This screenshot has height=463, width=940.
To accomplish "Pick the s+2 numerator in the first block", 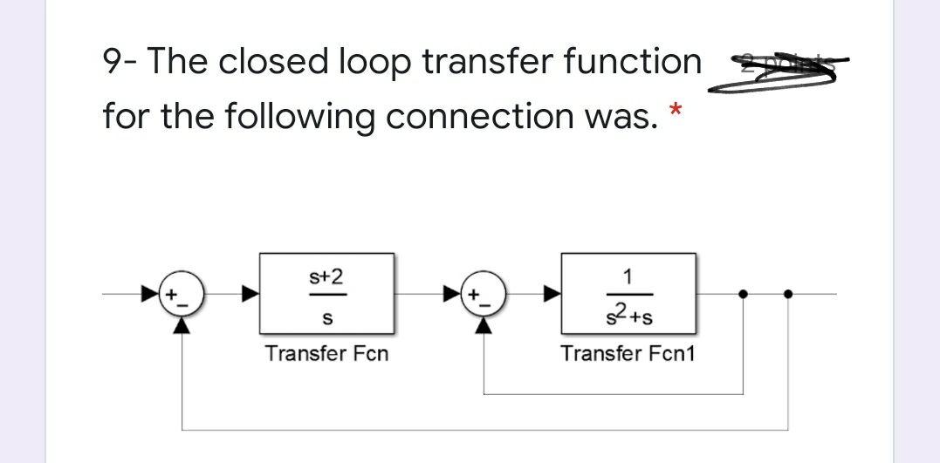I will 326,276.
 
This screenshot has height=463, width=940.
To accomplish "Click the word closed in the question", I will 273,62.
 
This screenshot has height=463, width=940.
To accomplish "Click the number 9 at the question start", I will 113,62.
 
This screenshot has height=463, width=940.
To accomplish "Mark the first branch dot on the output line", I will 743,294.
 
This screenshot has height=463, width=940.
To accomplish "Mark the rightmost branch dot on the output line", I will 787,294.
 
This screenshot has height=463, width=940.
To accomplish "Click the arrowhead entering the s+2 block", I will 248,294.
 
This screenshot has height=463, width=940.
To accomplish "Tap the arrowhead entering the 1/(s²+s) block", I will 550,294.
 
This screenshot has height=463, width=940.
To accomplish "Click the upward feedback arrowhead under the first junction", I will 182,324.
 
